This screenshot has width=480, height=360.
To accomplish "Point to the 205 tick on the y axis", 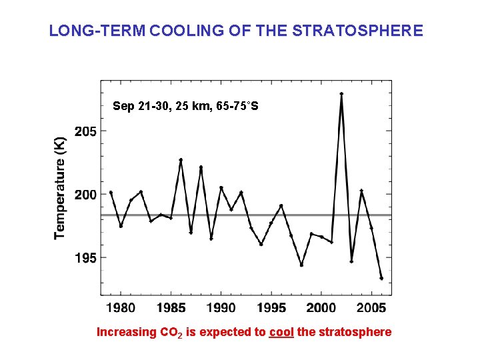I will click(x=85, y=131).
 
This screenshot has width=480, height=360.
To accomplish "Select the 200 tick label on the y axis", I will click(x=85, y=195).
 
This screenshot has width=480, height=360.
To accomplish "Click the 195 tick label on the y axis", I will click(x=85, y=257).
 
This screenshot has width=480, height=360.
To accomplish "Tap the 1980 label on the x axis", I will click(x=121, y=307).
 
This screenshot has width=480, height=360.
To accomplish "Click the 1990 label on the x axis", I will click(x=221, y=307).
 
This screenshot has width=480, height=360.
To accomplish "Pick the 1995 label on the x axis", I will click(x=271, y=307).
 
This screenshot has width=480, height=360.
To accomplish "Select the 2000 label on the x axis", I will click(x=321, y=307).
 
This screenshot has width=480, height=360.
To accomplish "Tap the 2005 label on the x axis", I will click(x=371, y=307).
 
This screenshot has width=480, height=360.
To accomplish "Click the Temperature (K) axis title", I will click(x=60, y=187).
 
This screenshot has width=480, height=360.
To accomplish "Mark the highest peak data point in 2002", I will click(x=341, y=94).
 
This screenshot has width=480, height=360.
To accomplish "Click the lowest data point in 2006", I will click(x=381, y=278).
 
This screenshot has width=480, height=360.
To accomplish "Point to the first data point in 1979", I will click(x=111, y=192).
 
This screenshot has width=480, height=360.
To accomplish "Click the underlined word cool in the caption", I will click(x=281, y=332).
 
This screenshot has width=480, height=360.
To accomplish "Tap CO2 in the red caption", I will click(x=171, y=332).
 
